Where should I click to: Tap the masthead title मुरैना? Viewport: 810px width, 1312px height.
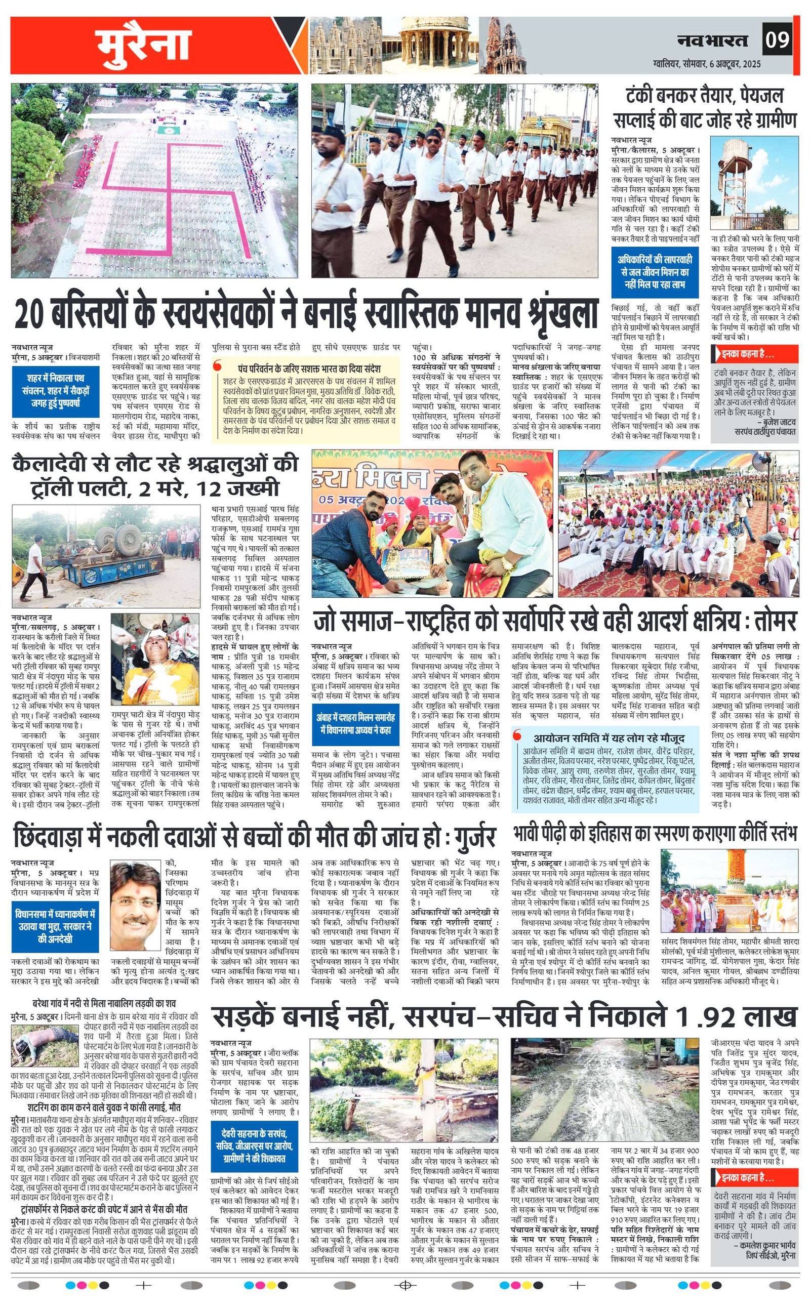[x=143, y=46]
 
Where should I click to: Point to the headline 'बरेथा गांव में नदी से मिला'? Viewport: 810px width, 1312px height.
[x=103, y=1004]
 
